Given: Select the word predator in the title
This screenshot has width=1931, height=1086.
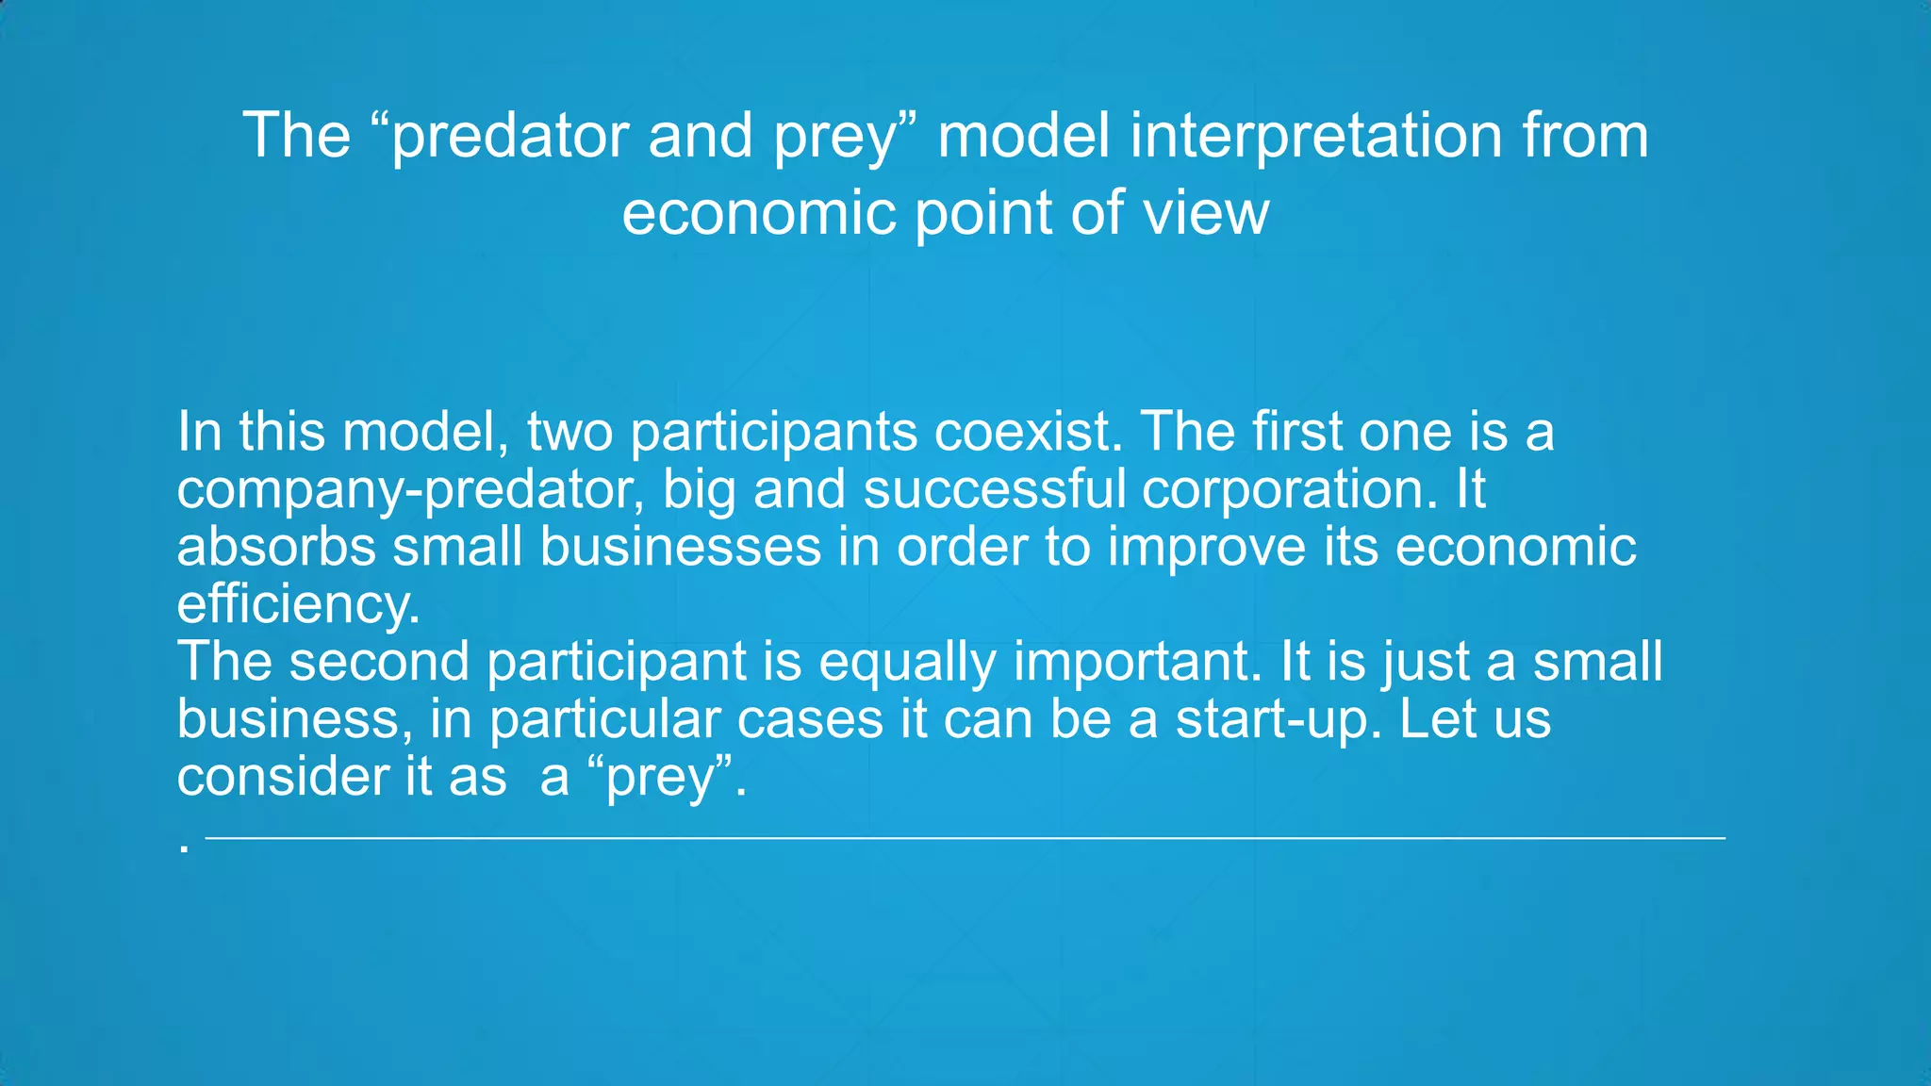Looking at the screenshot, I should (x=510, y=137).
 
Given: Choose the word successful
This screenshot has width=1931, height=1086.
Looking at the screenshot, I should (x=994, y=489).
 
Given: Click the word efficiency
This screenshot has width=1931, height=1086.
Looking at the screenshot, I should (x=297, y=604).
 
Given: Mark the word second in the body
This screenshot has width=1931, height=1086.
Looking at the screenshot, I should (x=378, y=662).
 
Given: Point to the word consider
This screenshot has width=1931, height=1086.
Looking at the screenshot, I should (x=283, y=778).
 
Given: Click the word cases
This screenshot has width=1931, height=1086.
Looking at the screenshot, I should (x=809, y=720).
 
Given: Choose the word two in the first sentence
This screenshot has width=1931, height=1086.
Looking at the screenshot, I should (x=569, y=432).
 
